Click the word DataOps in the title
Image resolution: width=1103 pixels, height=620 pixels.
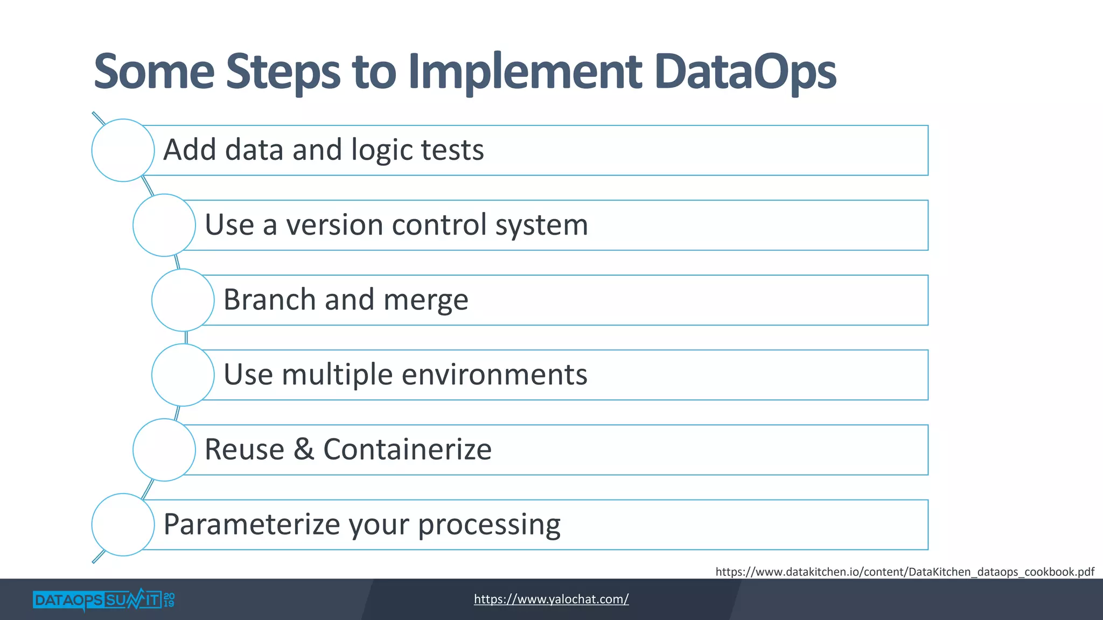pyautogui.click(x=746, y=72)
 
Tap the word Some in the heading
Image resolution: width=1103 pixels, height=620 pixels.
pyautogui.click(x=154, y=72)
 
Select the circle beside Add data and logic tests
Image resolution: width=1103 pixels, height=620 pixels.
pyautogui.click(x=123, y=150)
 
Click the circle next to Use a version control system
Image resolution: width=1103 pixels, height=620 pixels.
pyautogui.click(x=164, y=225)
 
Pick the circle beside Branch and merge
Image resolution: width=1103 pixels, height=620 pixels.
pyautogui.click(x=183, y=300)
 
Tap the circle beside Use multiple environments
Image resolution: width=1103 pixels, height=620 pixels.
pyautogui.click(x=183, y=375)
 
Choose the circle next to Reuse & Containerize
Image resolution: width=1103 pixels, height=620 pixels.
pyautogui.click(x=164, y=449)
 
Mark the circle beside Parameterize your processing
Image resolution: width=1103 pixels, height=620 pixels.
pyautogui.click(x=123, y=524)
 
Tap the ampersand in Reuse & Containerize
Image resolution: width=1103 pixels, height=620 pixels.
pyautogui.click(x=304, y=449)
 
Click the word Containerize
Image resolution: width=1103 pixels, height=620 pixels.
pyautogui.click(x=407, y=449)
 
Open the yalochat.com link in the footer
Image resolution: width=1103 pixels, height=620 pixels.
pyautogui.click(x=551, y=599)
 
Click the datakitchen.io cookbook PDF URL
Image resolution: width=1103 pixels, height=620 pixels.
pyautogui.click(x=904, y=572)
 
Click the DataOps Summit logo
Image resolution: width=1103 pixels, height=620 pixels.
pyautogui.click(x=97, y=600)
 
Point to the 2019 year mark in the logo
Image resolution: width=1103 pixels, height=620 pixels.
pyautogui.click(x=169, y=600)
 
